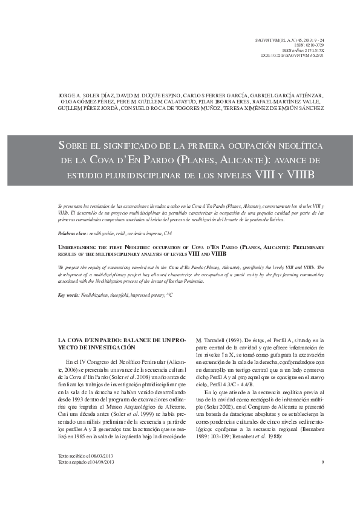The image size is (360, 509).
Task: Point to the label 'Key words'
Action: tap(62, 294)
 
